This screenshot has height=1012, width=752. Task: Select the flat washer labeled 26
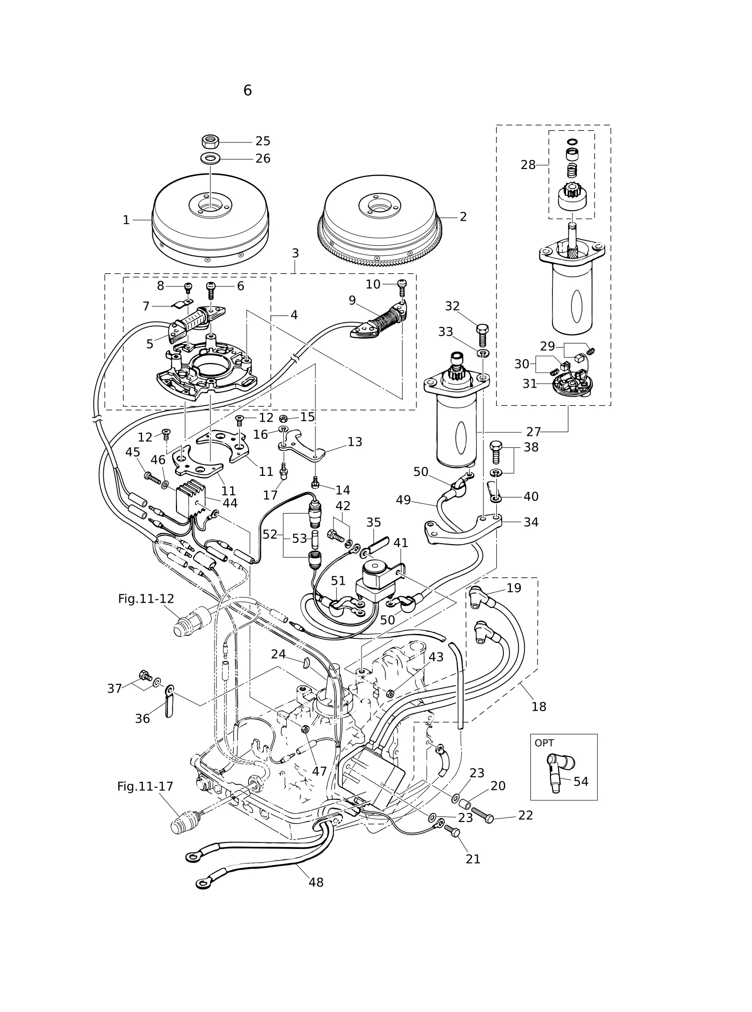point(211,159)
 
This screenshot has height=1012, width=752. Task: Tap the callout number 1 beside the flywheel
point(126,220)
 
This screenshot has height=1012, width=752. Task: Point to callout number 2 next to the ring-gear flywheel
point(463,217)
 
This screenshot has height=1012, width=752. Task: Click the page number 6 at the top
point(248,91)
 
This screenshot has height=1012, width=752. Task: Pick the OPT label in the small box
point(544,743)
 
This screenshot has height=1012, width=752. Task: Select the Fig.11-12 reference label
point(146,599)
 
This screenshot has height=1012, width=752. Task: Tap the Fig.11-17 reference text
point(145,786)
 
